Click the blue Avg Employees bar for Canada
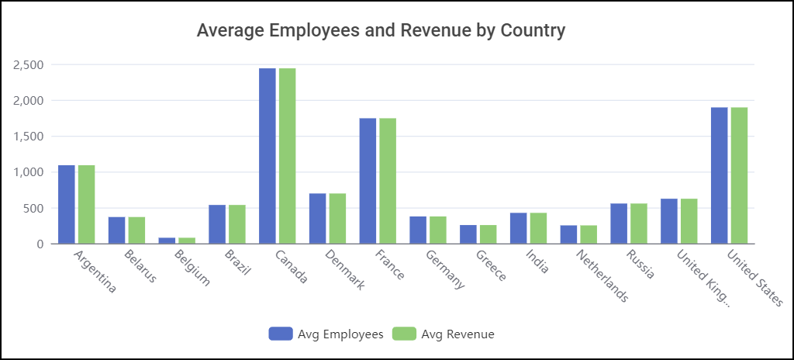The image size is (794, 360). click(268, 156)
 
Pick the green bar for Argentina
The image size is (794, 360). click(86, 205)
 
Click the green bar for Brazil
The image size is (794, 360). click(236, 224)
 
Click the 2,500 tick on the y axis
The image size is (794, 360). click(28, 64)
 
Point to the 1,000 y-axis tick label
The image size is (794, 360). click(28, 172)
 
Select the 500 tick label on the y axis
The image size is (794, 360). click(33, 208)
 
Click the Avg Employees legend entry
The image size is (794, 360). click(326, 334)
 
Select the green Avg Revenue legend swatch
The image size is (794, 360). click(405, 334)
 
